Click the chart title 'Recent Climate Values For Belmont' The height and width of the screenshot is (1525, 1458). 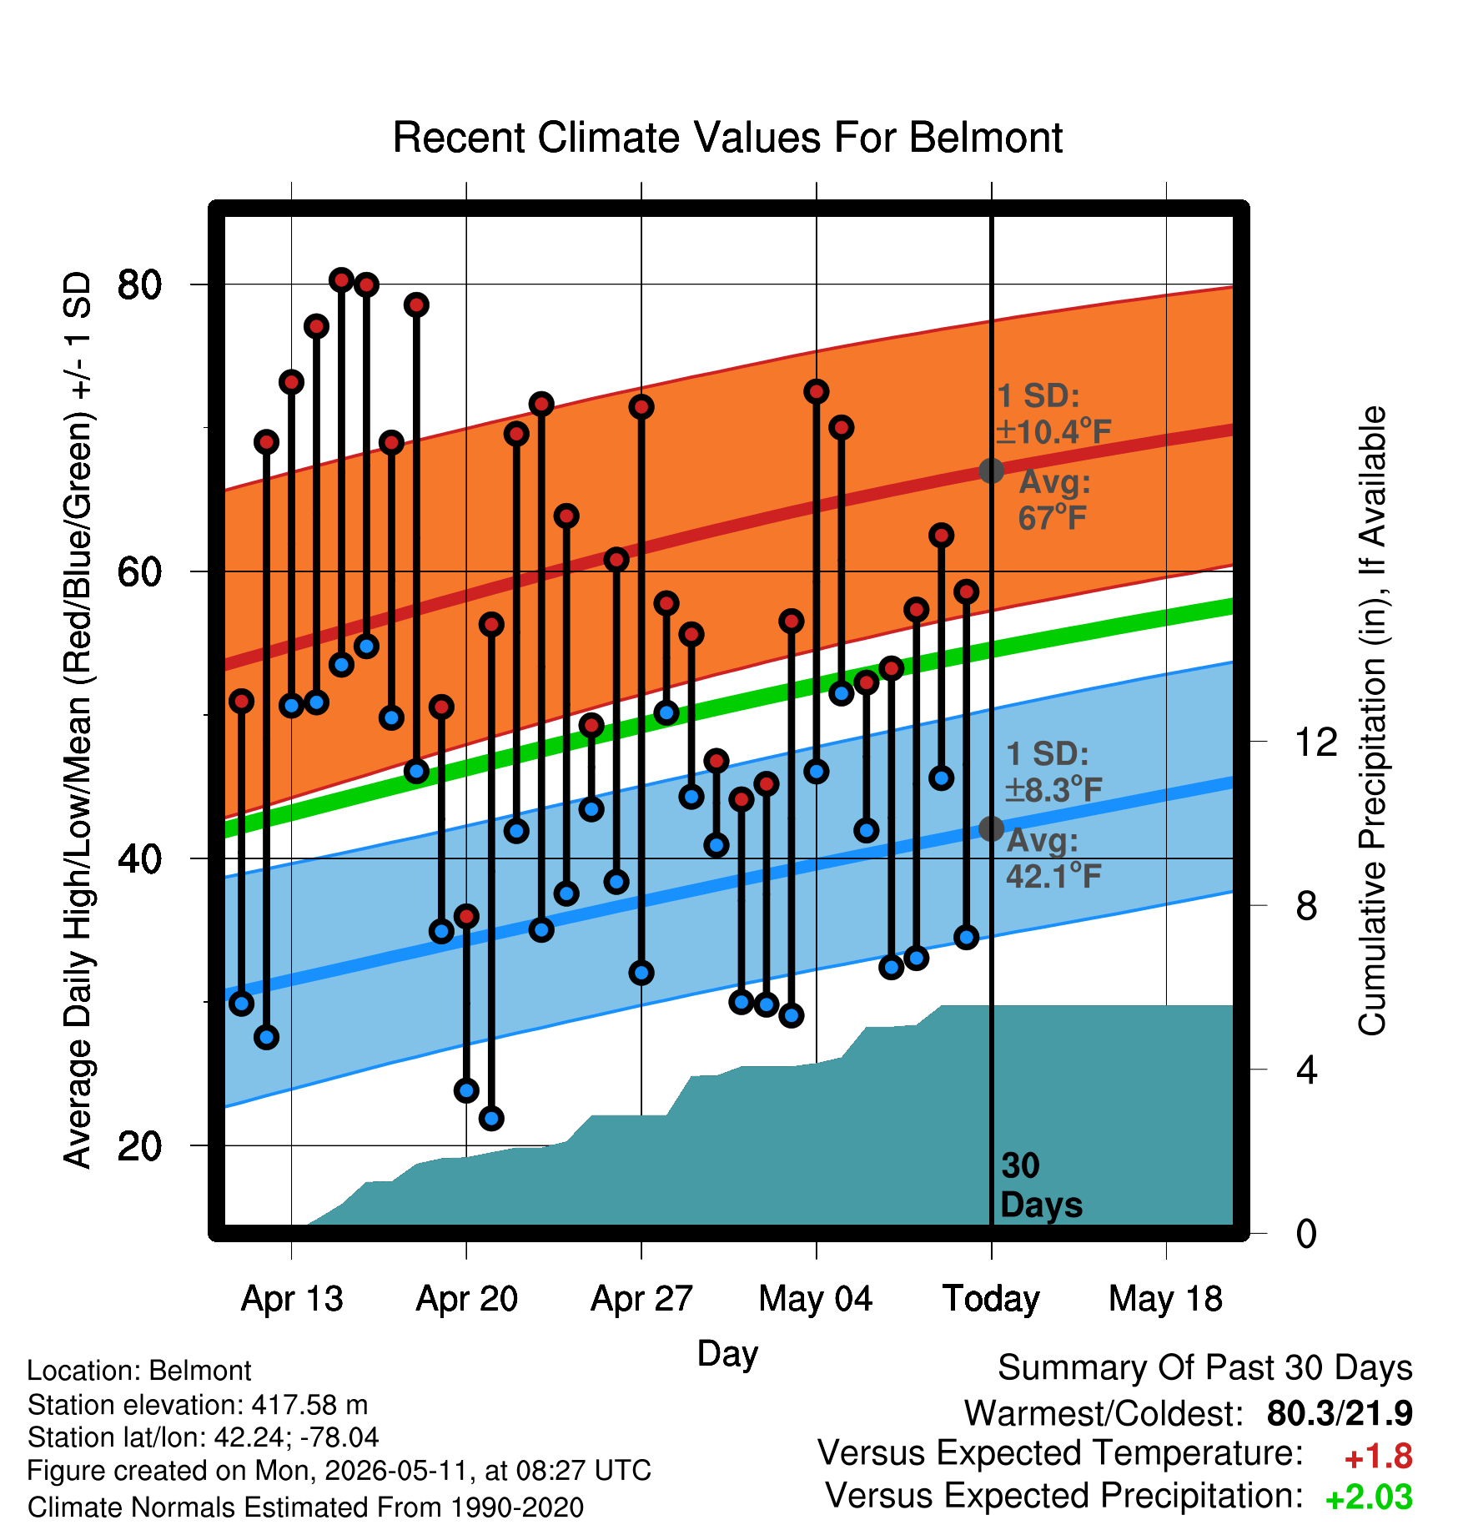click(x=727, y=138)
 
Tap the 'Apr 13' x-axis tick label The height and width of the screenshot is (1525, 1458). click(x=292, y=1299)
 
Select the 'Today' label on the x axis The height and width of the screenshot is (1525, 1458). click(x=991, y=1300)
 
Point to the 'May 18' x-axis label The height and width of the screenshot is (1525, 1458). click(x=1165, y=1299)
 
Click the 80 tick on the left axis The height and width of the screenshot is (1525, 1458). click(x=139, y=284)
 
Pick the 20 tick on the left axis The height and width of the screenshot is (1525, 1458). click(x=139, y=1146)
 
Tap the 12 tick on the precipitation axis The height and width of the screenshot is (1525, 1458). click(x=1316, y=742)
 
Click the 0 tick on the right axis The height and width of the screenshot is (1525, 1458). click(x=1306, y=1234)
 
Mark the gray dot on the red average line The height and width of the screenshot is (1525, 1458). click(x=991, y=471)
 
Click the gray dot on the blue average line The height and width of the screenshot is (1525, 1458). click(x=991, y=828)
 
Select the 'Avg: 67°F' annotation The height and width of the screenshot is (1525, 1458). click(x=1053, y=500)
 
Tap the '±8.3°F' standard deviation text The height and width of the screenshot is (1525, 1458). click(x=1053, y=789)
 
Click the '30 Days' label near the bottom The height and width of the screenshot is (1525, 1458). click(x=1041, y=1185)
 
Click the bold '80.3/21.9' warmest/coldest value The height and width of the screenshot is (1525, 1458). click(x=1340, y=1413)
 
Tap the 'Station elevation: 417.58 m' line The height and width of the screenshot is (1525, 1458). click(x=198, y=1405)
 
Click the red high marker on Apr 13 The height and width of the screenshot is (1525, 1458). click(x=291, y=382)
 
